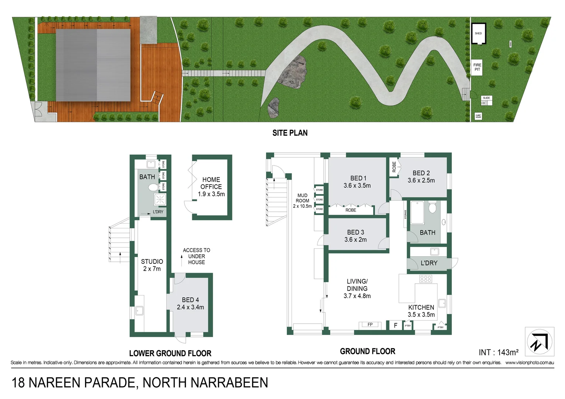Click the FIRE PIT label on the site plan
pyautogui.click(x=477, y=67)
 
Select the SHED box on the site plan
pyautogui.click(x=478, y=34)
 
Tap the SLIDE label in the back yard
pyautogui.click(x=486, y=98)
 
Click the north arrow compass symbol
pyautogui.click(x=539, y=342)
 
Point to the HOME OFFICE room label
pyautogui.click(x=211, y=187)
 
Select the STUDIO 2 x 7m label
pyautogui.click(x=152, y=265)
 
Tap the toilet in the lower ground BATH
pyautogui.click(x=153, y=187)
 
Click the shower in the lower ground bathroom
pyautogui.click(x=160, y=200)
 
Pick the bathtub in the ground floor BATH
pyautogui.click(x=417, y=212)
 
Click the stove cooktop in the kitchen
pyautogui.click(x=425, y=279)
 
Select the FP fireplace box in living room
pyautogui.click(x=370, y=325)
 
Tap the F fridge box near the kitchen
pyautogui.click(x=395, y=325)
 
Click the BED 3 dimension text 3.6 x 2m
pyautogui.click(x=355, y=240)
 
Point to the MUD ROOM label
pyautogui.click(x=302, y=201)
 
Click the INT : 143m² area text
pyautogui.click(x=498, y=352)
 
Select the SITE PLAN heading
pyautogui.click(x=290, y=133)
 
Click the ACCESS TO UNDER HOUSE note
pyautogui.click(x=196, y=256)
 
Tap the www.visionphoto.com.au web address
pyautogui.click(x=529, y=363)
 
